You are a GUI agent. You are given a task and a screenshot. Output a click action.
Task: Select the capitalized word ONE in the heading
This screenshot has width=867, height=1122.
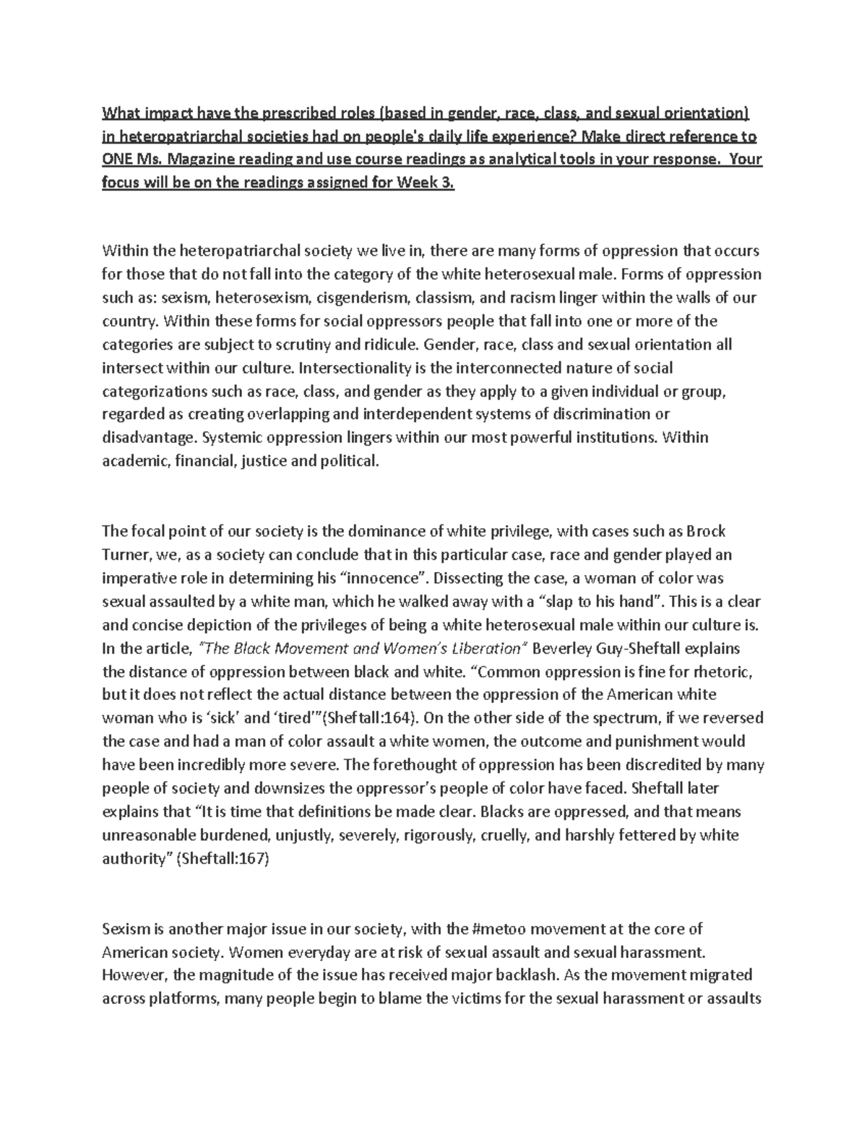tap(116, 160)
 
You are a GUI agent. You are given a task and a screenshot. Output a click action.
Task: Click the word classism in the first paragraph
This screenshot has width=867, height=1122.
tap(443, 298)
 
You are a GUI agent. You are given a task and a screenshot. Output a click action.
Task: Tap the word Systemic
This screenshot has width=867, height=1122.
tap(233, 437)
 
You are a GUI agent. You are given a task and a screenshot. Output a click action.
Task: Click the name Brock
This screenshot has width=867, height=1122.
tap(706, 531)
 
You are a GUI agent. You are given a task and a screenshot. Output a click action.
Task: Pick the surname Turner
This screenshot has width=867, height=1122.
tap(124, 555)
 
